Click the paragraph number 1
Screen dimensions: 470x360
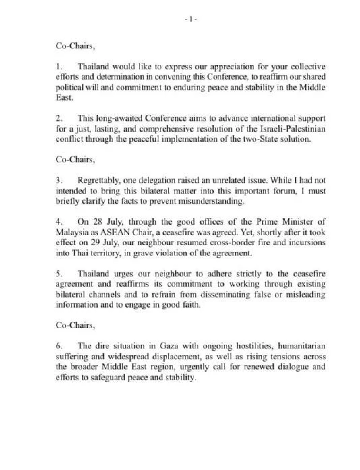click(x=58, y=67)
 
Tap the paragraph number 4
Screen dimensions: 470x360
click(x=58, y=222)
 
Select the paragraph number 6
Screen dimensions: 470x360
click(x=58, y=346)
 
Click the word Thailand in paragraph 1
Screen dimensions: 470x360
click(x=93, y=67)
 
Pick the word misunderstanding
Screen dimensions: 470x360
click(x=213, y=201)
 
